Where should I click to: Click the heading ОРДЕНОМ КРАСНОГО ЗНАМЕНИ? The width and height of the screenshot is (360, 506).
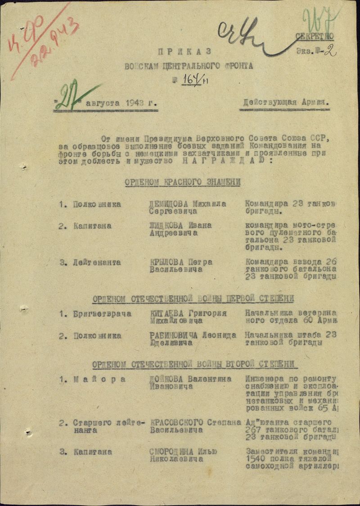tap(182, 182)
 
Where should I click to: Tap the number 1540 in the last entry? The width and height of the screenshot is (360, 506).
tap(255, 459)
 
